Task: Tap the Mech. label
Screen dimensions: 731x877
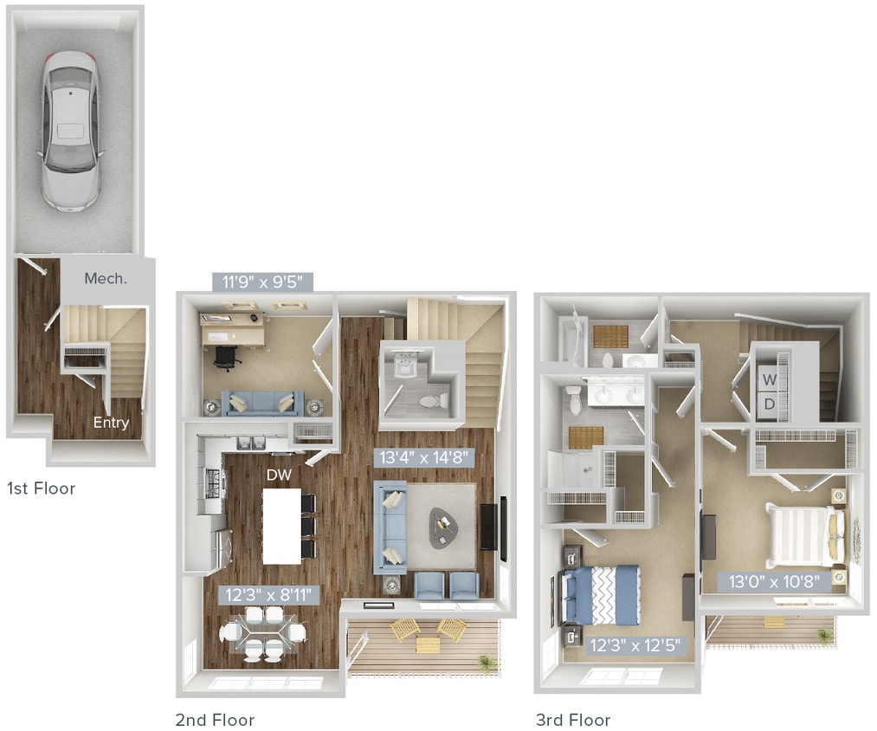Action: [106, 278]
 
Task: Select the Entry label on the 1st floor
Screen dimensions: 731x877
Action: [111, 423]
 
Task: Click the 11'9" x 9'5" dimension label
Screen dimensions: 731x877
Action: [262, 281]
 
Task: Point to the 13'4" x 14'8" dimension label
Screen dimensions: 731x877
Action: [424, 456]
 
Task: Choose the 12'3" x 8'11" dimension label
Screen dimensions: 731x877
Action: [268, 594]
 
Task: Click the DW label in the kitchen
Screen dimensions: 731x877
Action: [279, 475]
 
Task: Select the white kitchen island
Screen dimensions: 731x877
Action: [282, 526]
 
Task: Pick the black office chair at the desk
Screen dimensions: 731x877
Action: [225, 357]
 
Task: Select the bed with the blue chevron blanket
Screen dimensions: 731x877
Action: [603, 594]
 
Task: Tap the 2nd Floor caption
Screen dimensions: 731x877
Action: [215, 720]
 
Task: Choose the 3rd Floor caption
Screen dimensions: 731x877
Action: [573, 720]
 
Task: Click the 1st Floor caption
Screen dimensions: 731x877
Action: [41, 488]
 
